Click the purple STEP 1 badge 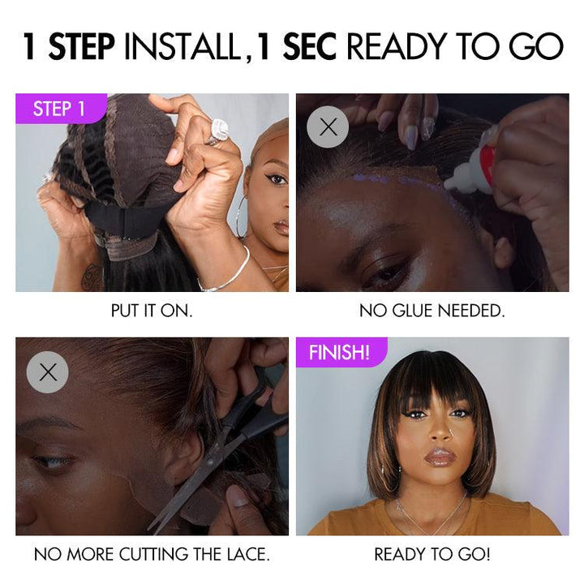coord(59,109)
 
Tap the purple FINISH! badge coord(340,353)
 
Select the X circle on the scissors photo coord(48,371)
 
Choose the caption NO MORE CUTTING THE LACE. coord(152,555)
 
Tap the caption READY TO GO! coord(432,555)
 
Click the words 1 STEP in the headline coord(69,46)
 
